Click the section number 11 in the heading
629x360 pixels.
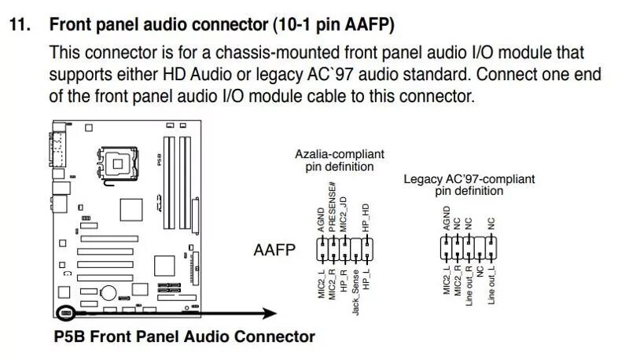tap(20, 24)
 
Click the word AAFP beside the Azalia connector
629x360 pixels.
tap(274, 251)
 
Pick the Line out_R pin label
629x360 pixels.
tap(469, 286)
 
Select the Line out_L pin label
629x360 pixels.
tap(491, 286)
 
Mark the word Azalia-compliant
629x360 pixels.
tap(340, 155)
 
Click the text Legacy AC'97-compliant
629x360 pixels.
tap(469, 178)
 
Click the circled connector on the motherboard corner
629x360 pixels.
tap(65, 313)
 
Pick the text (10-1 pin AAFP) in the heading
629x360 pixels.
tap(333, 24)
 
